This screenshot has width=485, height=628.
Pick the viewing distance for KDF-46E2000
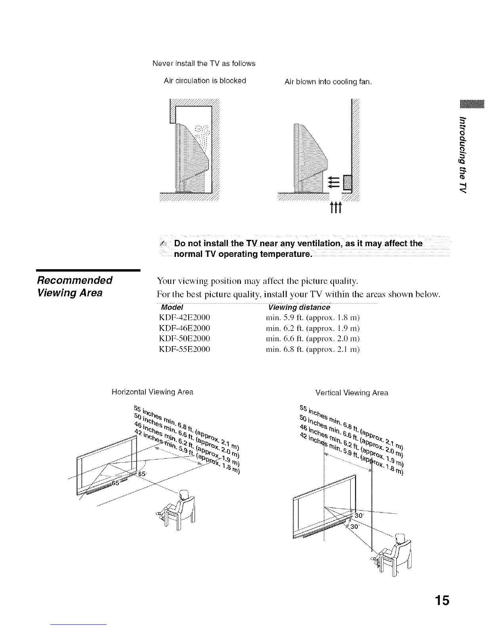pyautogui.click(x=313, y=328)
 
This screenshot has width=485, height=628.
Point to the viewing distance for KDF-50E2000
pyautogui.click(x=313, y=339)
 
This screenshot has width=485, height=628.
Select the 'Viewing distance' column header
pyautogui.click(x=299, y=308)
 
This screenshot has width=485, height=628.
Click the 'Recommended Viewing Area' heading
pyautogui.click(x=75, y=286)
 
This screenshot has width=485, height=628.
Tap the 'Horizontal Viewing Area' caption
pyautogui.click(x=153, y=392)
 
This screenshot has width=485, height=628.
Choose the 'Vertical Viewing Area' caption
pyautogui.click(x=351, y=393)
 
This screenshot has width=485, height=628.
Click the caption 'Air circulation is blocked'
pyautogui.click(x=205, y=81)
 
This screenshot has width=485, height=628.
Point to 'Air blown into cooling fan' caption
pyautogui.click(x=328, y=82)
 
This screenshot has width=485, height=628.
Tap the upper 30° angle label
pyautogui.click(x=359, y=516)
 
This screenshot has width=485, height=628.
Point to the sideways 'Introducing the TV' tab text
pyautogui.click(x=462, y=155)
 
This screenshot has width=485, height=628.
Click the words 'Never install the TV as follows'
pyautogui.click(x=204, y=63)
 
